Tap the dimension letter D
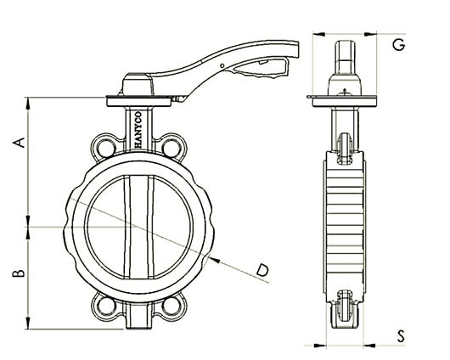point(264,269)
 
